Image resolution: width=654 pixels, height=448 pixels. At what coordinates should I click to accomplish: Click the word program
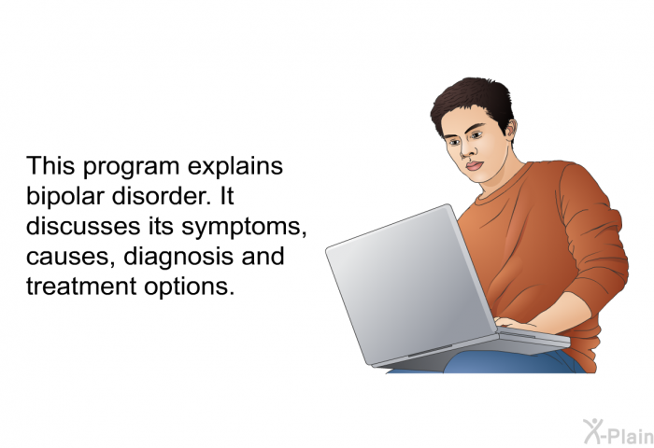click(x=131, y=167)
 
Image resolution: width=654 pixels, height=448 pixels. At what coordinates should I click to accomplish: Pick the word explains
click(x=235, y=166)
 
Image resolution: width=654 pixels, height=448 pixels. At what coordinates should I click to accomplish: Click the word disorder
click(x=162, y=195)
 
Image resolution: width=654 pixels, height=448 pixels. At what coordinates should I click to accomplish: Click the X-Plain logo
click(x=618, y=431)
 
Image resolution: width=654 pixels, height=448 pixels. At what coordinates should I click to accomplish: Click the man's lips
click(x=475, y=165)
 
